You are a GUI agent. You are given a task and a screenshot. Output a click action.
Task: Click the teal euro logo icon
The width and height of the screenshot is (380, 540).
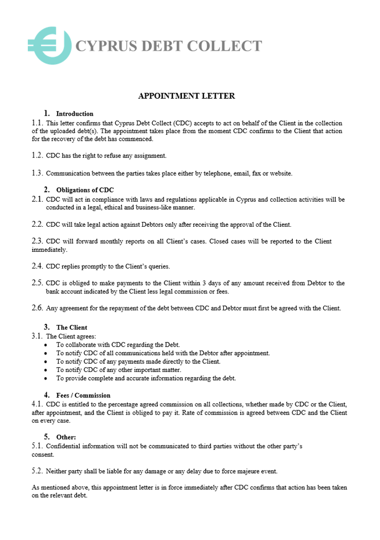click(x=49, y=45)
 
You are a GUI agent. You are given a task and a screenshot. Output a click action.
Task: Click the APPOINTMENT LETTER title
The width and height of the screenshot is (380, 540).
click(x=187, y=96)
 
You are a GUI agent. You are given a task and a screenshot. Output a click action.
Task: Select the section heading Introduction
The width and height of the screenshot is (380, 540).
click(x=74, y=114)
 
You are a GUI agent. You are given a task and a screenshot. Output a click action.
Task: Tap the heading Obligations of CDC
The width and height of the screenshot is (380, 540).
click(x=85, y=190)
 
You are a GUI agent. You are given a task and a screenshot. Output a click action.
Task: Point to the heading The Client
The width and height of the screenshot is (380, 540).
click(x=71, y=327)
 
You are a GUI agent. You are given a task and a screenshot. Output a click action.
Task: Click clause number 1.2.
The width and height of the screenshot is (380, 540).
click(x=37, y=155)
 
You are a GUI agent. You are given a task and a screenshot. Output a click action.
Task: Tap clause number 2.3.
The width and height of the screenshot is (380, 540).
click(x=37, y=241)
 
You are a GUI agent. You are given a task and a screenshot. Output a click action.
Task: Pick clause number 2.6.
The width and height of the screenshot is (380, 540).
click(x=37, y=308)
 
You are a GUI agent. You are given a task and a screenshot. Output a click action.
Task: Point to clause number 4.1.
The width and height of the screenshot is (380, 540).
click(x=37, y=404)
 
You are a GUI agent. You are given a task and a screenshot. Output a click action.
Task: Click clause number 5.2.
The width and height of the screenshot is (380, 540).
click(x=37, y=471)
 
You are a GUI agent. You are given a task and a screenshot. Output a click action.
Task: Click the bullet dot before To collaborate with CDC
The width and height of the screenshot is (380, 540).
click(x=46, y=345)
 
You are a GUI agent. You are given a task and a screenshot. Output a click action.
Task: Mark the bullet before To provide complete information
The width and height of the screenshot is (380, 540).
click(x=46, y=378)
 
